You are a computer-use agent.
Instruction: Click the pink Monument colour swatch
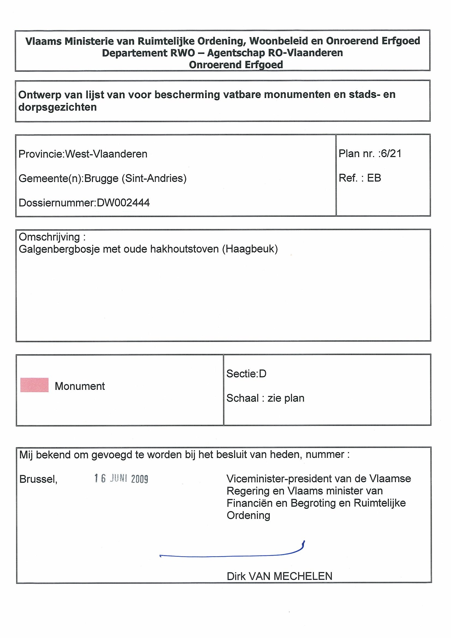click(x=34, y=385)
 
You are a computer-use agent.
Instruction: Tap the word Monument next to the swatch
click(x=80, y=386)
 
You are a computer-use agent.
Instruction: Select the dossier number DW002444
click(x=123, y=203)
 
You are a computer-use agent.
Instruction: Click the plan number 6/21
click(x=391, y=154)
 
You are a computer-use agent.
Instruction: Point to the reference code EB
click(x=374, y=178)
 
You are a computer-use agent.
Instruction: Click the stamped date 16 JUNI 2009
click(x=121, y=478)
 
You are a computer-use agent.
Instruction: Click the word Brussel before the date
click(x=38, y=479)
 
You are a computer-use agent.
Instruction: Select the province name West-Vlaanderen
click(x=106, y=154)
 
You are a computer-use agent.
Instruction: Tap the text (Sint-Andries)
click(x=154, y=178)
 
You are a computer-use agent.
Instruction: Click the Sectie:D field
click(x=246, y=374)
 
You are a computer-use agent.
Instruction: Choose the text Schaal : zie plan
click(x=265, y=398)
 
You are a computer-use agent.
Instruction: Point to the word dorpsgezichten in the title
click(x=58, y=107)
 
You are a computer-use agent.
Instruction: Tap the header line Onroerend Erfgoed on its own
click(x=236, y=65)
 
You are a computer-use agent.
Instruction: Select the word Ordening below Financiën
click(x=248, y=516)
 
